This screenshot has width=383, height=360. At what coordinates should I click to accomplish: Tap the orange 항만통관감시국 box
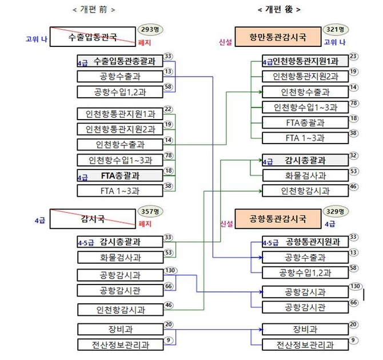tap(277, 37)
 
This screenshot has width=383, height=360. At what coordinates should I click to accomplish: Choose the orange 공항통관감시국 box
tap(277, 217)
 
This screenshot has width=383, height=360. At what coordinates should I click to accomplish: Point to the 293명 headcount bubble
tap(150, 29)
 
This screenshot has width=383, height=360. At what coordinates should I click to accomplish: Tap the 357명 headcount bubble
tap(150, 211)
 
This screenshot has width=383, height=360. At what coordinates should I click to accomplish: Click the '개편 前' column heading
tap(94, 10)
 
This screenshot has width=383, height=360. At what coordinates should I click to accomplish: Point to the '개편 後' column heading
tap(279, 10)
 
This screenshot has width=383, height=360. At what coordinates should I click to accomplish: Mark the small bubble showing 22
tap(168, 109)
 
